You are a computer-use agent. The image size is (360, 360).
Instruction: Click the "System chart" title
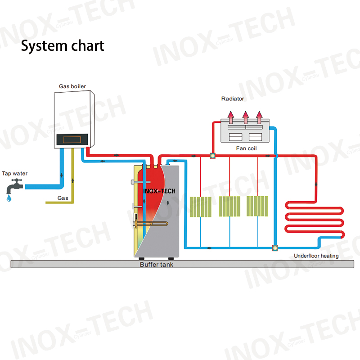(x=63, y=46)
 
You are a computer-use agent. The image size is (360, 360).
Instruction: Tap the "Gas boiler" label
(x=72, y=86)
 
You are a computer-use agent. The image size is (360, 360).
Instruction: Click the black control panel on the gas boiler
(x=72, y=140)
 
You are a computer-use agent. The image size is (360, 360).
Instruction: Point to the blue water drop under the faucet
(x=9, y=197)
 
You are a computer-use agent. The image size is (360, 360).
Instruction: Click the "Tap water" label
(x=14, y=173)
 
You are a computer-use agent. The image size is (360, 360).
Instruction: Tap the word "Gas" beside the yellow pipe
(x=63, y=198)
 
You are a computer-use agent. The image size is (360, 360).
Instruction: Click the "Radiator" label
(x=233, y=99)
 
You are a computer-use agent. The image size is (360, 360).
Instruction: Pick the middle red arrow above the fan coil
(x=245, y=117)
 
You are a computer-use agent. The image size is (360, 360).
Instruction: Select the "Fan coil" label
(x=247, y=148)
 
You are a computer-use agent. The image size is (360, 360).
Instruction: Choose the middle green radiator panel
(x=229, y=206)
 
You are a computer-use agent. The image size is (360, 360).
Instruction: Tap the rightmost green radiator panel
(x=257, y=206)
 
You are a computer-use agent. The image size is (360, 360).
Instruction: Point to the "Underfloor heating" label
(x=316, y=256)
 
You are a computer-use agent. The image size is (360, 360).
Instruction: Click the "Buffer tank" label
(x=156, y=265)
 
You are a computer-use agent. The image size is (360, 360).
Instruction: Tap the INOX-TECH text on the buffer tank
(x=159, y=191)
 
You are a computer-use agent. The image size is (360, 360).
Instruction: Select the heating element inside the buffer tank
(x=151, y=224)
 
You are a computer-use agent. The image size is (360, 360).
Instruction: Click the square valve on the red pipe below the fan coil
(x=212, y=156)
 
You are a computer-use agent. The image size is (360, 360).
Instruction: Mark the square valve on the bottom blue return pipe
(x=274, y=247)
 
